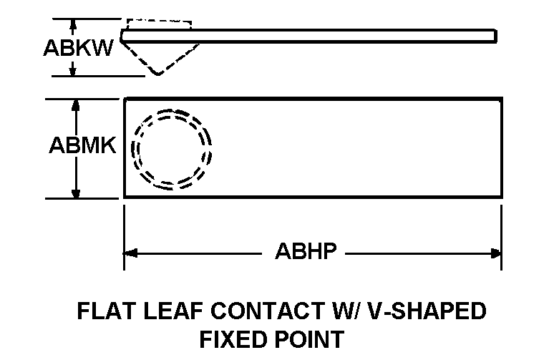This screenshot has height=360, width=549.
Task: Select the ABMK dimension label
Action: click(82, 145)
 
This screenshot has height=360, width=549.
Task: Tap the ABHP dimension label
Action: click(306, 252)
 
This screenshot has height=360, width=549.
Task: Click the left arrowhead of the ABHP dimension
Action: click(130, 252)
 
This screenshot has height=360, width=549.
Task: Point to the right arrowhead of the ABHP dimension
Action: click(495, 252)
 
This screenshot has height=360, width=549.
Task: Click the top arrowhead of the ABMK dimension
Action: click(75, 104)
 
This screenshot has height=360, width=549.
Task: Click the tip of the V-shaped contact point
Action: click(157, 74)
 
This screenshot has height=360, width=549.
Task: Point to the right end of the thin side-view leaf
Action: click(495, 36)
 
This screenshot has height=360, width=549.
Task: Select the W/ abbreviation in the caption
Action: click(339, 311)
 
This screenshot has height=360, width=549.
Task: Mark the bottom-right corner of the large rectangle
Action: click(501, 197)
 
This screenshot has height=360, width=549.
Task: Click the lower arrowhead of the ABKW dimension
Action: click(72, 69)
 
